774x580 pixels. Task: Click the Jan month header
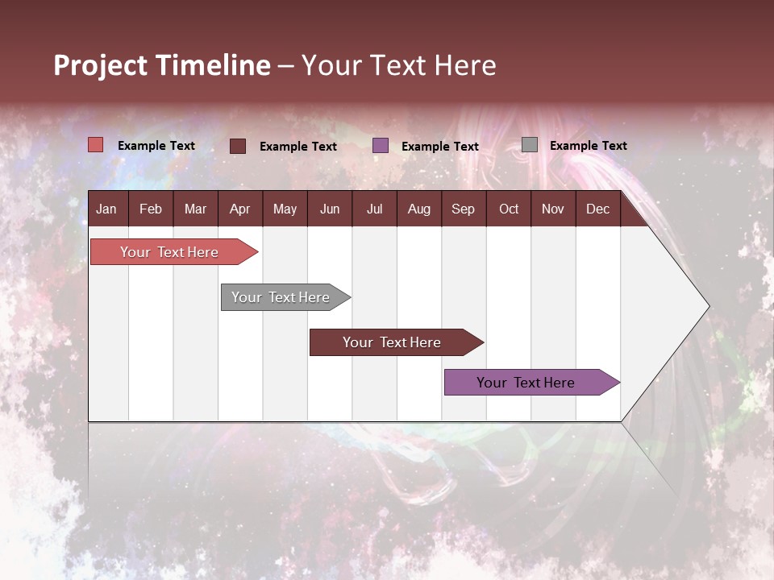click(106, 209)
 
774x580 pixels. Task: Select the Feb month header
click(151, 209)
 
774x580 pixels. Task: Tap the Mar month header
click(195, 209)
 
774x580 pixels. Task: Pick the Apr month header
click(240, 209)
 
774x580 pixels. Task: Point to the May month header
click(285, 209)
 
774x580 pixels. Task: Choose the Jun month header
click(330, 209)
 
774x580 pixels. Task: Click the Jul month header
click(374, 209)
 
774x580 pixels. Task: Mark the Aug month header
click(419, 209)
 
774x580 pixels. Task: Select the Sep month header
click(464, 209)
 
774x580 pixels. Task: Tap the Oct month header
click(509, 209)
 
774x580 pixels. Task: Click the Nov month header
click(553, 209)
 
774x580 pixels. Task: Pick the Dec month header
click(597, 209)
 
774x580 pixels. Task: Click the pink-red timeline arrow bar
click(170, 252)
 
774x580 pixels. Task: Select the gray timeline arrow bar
click(281, 297)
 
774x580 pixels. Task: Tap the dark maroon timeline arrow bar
click(393, 342)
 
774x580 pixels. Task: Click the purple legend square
click(381, 146)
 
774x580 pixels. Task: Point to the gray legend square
click(530, 145)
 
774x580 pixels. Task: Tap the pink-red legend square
click(96, 145)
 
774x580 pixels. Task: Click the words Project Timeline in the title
click(162, 65)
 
